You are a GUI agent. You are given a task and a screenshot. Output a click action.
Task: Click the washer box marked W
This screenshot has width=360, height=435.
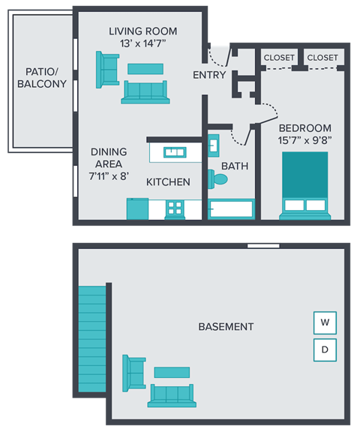(x=325, y=323)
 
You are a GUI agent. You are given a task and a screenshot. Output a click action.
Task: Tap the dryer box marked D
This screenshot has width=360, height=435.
(x=325, y=349)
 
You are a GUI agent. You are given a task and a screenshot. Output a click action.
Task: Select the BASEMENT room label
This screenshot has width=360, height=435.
(x=226, y=327)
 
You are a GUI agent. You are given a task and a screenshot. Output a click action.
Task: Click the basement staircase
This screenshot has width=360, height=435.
(x=92, y=337)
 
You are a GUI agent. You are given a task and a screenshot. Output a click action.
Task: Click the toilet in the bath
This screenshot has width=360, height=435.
(x=218, y=179)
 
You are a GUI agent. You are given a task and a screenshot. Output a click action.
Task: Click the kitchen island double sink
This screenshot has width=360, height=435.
(x=175, y=152)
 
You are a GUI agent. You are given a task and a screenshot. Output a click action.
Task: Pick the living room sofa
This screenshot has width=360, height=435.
(x=145, y=91)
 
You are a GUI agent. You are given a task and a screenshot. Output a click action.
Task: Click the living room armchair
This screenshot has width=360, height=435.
(x=107, y=70)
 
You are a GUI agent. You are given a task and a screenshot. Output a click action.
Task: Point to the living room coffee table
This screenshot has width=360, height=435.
(x=145, y=69)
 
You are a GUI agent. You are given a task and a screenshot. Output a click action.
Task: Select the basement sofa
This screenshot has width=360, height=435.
(x=172, y=394)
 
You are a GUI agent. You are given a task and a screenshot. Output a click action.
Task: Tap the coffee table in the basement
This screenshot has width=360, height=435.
(x=172, y=372)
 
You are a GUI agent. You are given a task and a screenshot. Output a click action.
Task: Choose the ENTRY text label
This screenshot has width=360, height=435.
(x=209, y=76)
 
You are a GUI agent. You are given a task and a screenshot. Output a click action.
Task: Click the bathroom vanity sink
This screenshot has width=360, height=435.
(x=213, y=143)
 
